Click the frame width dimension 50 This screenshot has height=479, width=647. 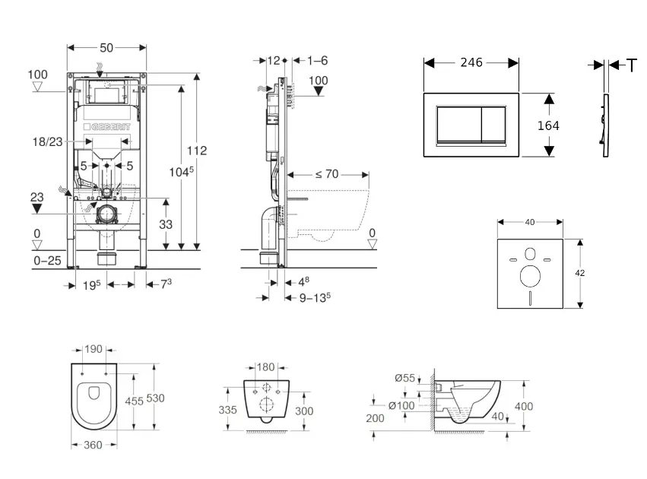tap(106, 48)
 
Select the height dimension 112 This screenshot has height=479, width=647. tap(198, 151)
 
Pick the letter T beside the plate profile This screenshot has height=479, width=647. tap(632, 66)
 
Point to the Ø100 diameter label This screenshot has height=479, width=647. tap(401, 405)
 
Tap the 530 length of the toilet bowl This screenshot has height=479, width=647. tap(156, 398)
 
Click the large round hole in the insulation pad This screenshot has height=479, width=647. tap(530, 276)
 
